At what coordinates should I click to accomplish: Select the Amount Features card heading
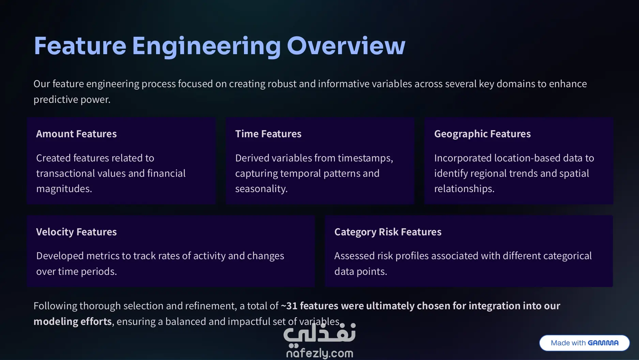(76, 134)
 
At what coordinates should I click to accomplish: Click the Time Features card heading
(268, 134)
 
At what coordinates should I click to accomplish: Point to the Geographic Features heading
(482, 134)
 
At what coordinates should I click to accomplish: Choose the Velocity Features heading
(76, 232)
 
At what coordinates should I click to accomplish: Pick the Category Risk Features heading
(388, 232)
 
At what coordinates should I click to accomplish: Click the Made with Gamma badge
(584, 343)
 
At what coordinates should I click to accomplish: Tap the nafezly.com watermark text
(320, 353)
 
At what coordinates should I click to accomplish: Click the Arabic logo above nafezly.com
(320, 333)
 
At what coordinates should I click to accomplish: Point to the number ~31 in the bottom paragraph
(289, 306)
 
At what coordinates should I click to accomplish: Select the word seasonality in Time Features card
(261, 189)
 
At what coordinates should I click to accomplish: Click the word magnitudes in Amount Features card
(64, 189)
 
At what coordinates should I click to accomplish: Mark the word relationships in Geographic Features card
(464, 189)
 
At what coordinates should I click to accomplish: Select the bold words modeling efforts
(73, 322)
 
